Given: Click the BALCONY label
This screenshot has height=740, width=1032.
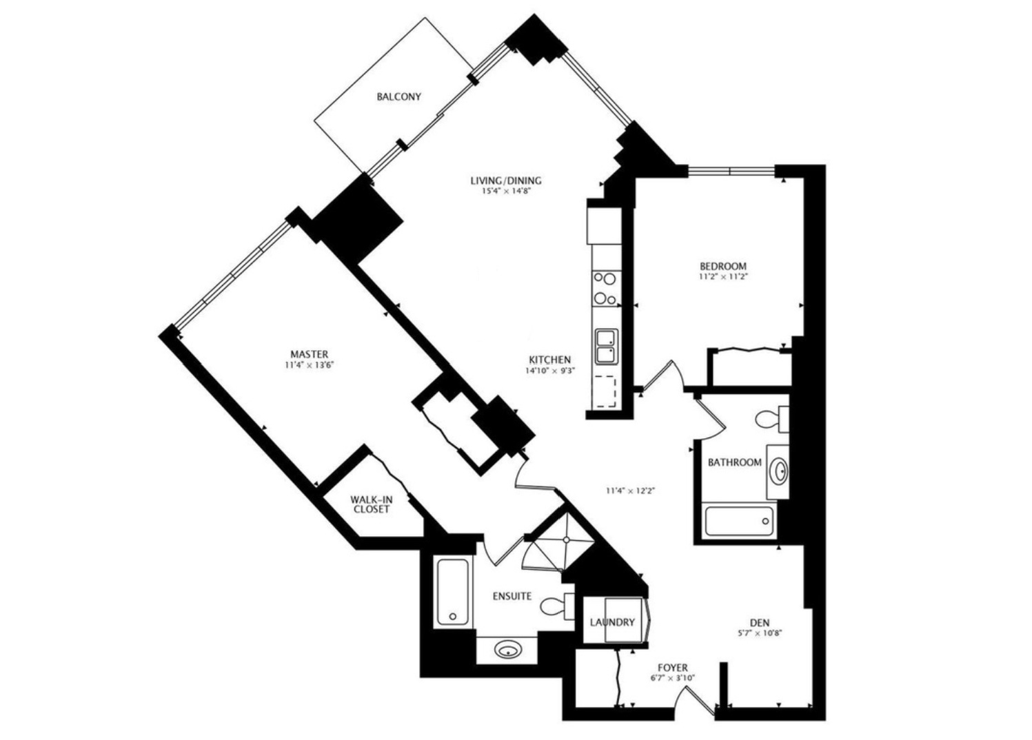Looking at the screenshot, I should click(x=398, y=97).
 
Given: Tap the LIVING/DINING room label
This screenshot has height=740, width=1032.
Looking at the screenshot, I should click(x=505, y=181).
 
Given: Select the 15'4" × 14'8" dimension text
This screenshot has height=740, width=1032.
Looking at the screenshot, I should click(x=505, y=192).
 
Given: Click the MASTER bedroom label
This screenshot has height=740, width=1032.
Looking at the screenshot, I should click(x=309, y=354).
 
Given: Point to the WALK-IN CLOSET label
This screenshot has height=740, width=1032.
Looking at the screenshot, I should click(x=371, y=504).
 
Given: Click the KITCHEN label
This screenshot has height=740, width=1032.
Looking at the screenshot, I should click(x=549, y=360).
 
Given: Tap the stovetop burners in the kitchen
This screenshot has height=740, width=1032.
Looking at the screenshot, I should click(x=605, y=289).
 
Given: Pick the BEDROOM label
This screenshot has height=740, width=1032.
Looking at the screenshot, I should click(x=722, y=266).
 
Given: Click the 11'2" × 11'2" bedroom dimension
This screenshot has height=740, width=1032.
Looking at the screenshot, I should click(x=722, y=277).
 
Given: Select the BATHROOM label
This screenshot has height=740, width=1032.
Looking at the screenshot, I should click(x=734, y=462).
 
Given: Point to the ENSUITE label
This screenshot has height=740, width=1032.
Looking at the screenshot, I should click(x=512, y=595).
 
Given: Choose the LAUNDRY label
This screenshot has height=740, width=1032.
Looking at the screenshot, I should click(x=611, y=622).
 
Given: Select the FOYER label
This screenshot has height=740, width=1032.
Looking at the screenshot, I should click(x=672, y=668).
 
